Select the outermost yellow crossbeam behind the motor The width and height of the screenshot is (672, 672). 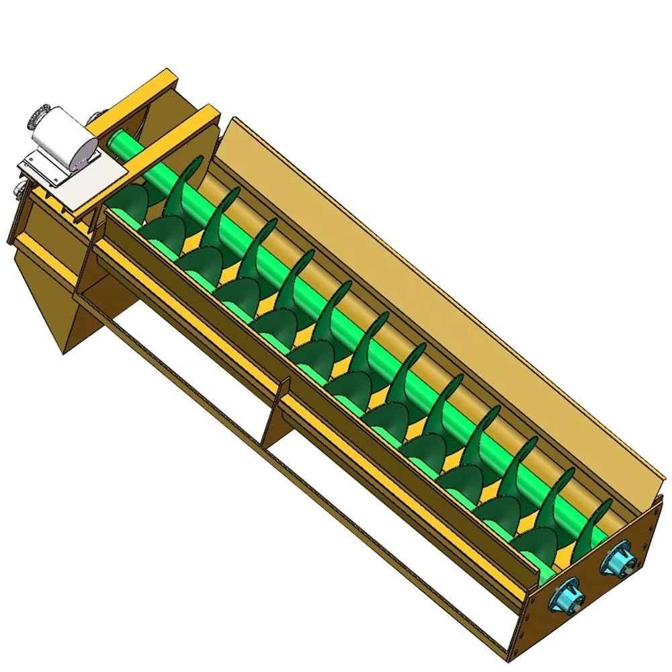[124, 101]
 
